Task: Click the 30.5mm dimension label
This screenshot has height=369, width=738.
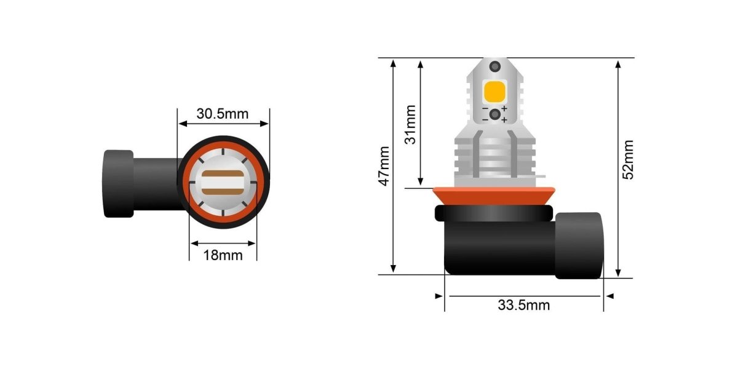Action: (223, 114)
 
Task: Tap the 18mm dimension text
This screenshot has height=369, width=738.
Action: (223, 255)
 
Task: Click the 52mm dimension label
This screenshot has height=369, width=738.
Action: (628, 159)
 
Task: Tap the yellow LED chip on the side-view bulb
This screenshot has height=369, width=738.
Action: (494, 91)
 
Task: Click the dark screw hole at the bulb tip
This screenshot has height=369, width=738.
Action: (493, 67)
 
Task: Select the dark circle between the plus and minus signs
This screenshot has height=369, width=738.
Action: (494, 114)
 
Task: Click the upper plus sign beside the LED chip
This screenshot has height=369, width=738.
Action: (504, 109)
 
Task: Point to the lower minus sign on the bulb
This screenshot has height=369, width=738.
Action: (485, 119)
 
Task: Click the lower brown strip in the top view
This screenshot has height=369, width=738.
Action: (223, 191)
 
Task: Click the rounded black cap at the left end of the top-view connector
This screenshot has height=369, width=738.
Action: (118, 183)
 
